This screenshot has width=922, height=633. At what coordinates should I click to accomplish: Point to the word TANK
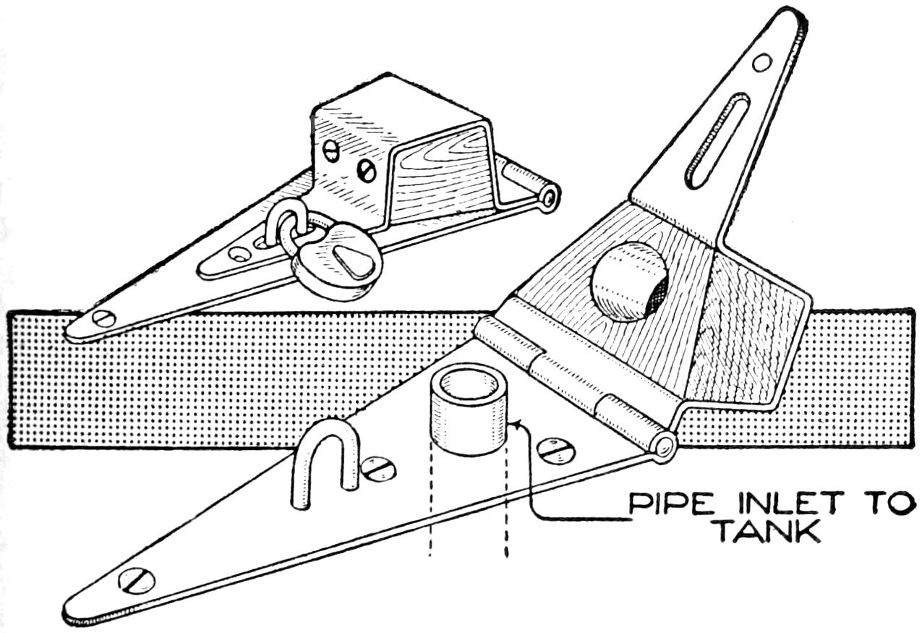[x=767, y=534]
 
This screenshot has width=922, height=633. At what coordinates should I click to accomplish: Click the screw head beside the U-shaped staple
[x=378, y=468]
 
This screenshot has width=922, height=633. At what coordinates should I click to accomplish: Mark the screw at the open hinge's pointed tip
[x=137, y=580]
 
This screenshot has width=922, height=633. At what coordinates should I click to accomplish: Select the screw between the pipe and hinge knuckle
[x=555, y=451]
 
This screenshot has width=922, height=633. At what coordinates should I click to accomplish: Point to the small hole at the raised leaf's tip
[x=761, y=62]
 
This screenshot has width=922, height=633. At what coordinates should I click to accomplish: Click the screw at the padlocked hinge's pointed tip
[x=104, y=318]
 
